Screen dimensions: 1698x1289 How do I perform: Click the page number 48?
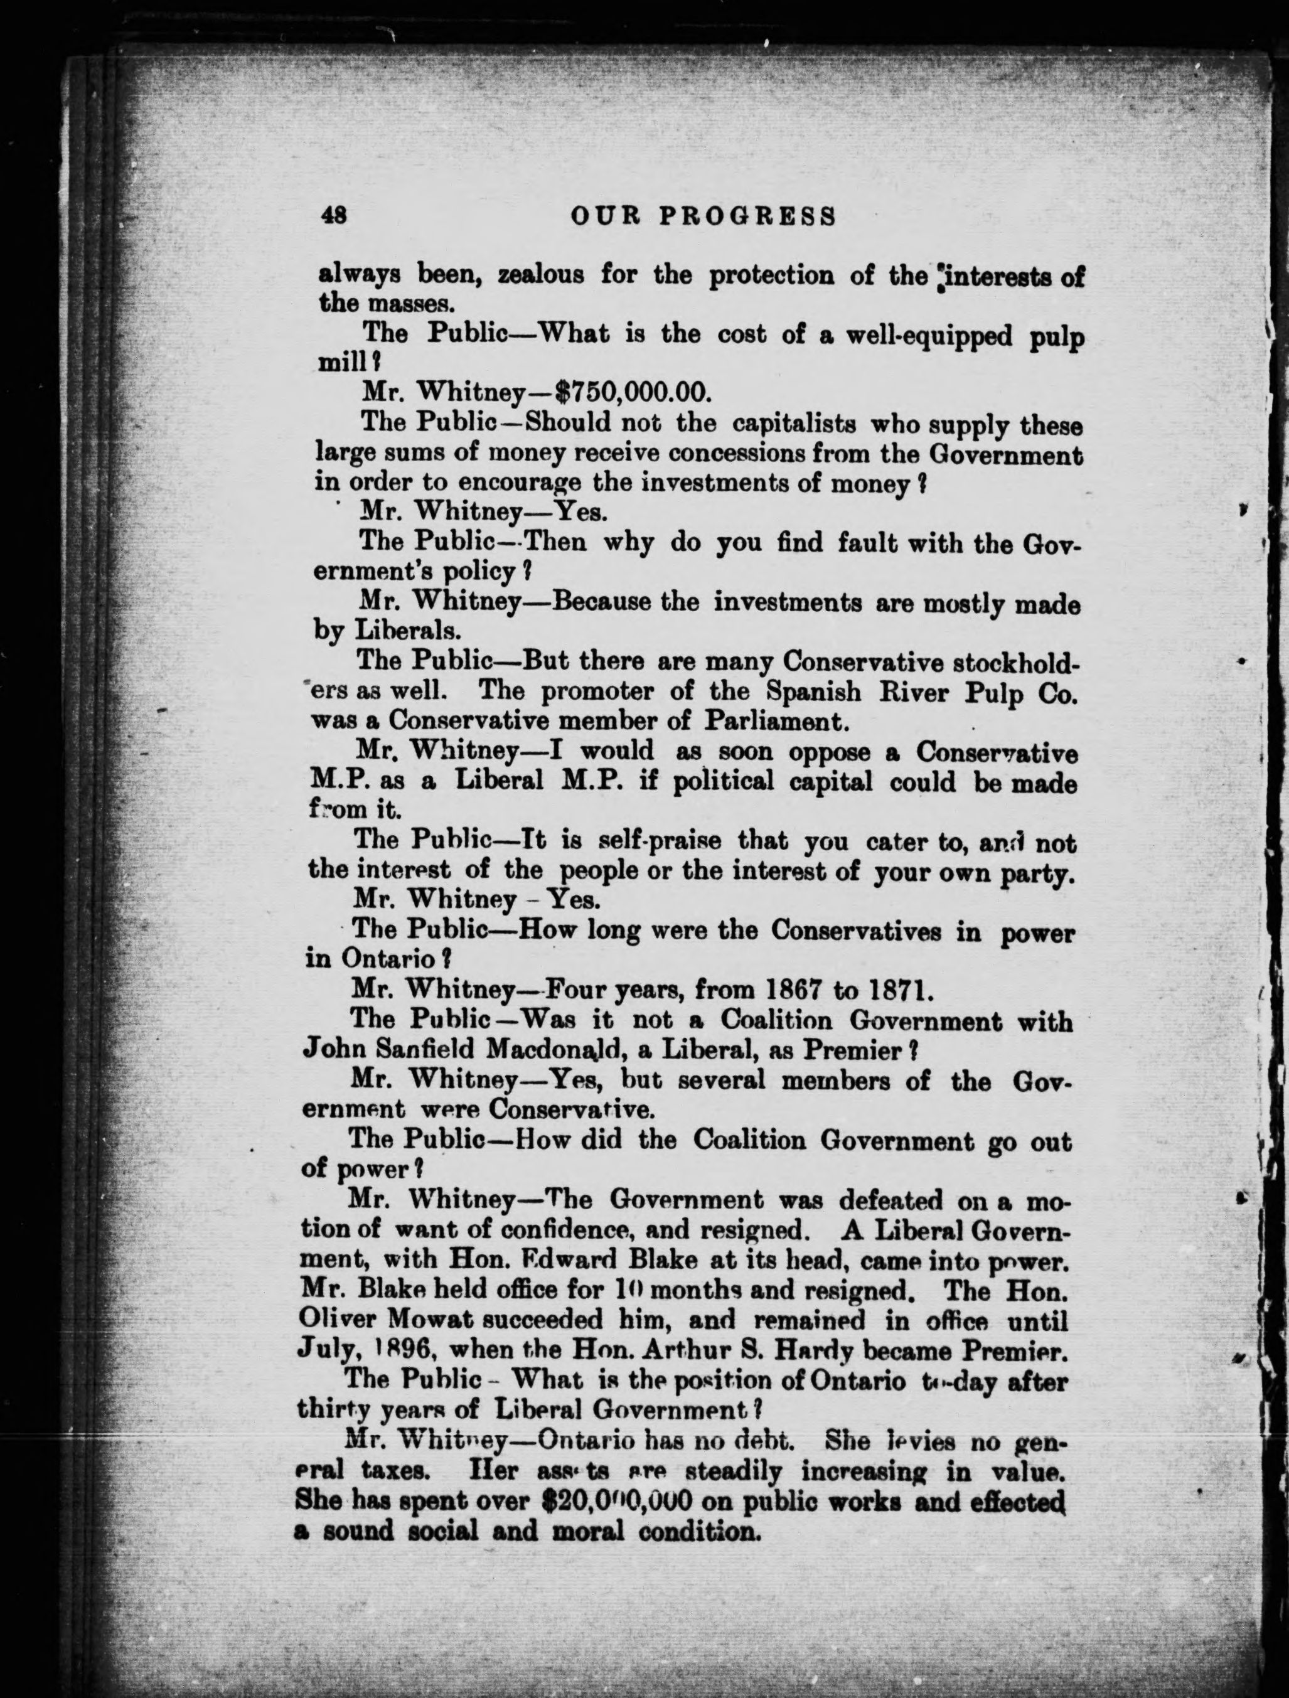pos(334,216)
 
